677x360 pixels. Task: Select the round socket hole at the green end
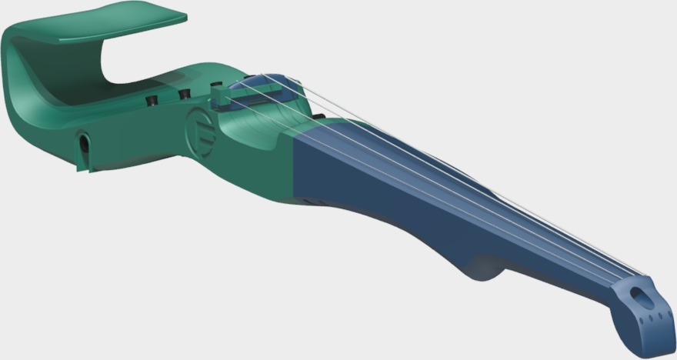pos(82,142)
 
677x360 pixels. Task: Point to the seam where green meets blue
pos(295,169)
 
